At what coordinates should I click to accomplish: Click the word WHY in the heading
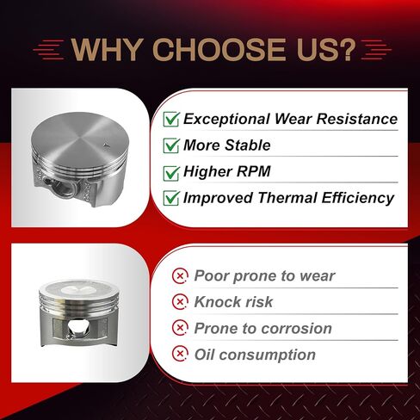tap(108, 49)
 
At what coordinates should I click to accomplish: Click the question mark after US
tap(348, 49)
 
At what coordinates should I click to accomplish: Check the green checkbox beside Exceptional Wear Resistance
tap(171, 119)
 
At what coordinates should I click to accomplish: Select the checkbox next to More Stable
tap(171, 145)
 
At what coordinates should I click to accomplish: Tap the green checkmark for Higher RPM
tap(171, 173)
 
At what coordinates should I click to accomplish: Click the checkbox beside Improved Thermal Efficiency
tap(171, 198)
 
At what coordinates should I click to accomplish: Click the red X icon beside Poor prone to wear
tap(180, 276)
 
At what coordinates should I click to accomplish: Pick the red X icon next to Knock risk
tap(180, 302)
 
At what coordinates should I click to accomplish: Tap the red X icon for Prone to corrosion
tap(180, 328)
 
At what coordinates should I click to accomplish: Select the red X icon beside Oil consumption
tap(180, 354)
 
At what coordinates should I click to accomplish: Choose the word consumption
tap(268, 355)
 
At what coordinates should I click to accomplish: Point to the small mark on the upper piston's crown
tap(107, 145)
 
